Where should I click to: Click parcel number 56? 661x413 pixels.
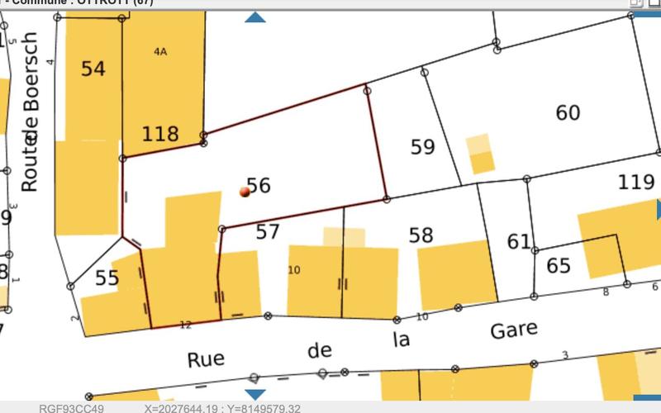point(259,185)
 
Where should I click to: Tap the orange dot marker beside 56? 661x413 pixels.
point(245,192)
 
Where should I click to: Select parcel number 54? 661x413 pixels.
point(93,69)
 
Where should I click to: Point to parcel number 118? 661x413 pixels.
point(160,134)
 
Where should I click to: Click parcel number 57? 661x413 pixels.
point(268,231)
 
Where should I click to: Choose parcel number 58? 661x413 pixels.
point(421,235)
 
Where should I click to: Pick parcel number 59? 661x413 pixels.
point(422,147)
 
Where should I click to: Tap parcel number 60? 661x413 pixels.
point(568,113)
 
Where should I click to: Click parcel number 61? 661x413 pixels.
point(519,242)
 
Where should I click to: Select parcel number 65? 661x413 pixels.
point(559,266)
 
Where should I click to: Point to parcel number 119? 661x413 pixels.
point(636,182)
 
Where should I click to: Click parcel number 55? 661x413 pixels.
point(107,278)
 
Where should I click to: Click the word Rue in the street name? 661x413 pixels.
point(206,359)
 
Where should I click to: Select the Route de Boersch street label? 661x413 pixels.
point(30,112)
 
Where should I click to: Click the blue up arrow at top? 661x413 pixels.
point(255,17)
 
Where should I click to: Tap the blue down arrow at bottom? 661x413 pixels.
point(255,395)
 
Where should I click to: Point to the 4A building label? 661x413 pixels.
point(160,51)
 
